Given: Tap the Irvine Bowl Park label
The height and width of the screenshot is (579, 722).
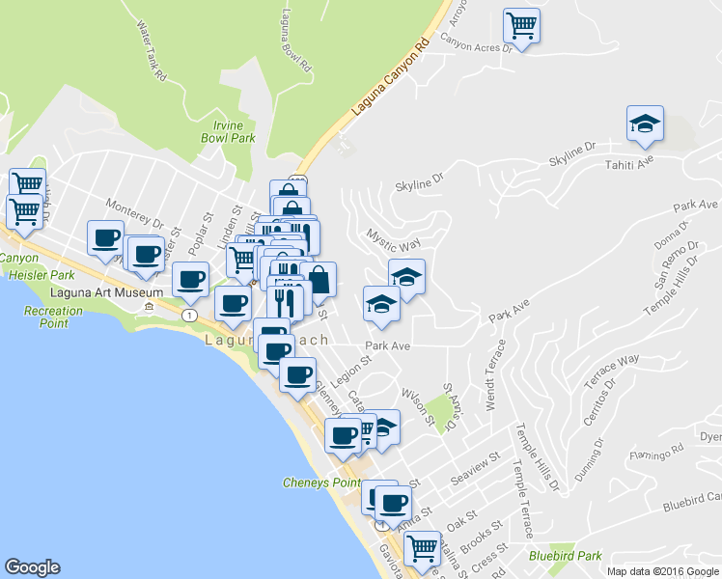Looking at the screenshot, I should pos(235,131).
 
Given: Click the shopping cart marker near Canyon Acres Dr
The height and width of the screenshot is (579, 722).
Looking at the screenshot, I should pos(521,25).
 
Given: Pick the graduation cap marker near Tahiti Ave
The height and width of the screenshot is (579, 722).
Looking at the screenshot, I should pos(645,124).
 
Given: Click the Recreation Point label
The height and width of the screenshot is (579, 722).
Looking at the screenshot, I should pos(53,317).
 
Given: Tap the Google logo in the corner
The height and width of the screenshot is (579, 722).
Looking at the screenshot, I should pos(32,567).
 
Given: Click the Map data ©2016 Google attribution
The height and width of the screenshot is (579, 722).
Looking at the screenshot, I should pos(662,571).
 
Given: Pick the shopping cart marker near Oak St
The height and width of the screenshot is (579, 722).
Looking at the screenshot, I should pos(422,547).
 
